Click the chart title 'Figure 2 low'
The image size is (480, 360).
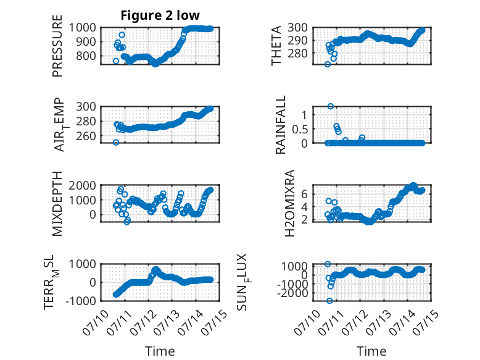[x=160, y=15]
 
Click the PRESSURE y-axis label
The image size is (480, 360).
[x=57, y=46]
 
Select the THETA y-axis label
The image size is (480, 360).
[x=276, y=46]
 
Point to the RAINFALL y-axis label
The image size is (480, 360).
[x=280, y=125]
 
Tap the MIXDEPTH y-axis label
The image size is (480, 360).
[x=57, y=204]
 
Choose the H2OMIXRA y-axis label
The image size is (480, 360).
[x=289, y=203]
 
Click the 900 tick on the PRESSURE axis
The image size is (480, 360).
[x=82, y=41]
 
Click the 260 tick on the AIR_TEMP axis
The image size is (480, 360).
[x=86, y=136]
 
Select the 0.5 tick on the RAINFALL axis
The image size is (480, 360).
[x=300, y=129]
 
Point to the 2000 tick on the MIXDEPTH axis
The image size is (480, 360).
[x=82, y=185]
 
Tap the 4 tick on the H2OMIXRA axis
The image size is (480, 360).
[x=305, y=207]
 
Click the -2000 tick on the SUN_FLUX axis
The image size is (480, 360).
[x=292, y=293]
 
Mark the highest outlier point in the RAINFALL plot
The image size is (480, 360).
[x=331, y=106]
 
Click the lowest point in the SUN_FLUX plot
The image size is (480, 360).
[x=329, y=301]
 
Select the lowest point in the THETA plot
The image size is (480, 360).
[x=328, y=64]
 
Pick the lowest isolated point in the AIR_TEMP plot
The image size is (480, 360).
[x=116, y=142]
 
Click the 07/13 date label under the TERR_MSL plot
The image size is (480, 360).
[x=166, y=321]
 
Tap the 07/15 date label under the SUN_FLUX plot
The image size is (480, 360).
[x=426, y=321]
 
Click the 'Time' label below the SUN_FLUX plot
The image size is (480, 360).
[x=371, y=351]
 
